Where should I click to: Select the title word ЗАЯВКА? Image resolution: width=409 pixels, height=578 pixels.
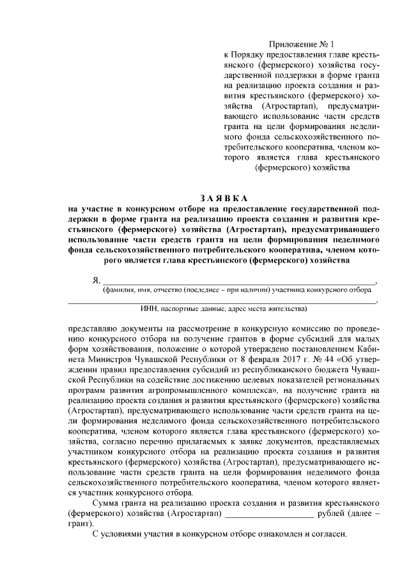point(222,198)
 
